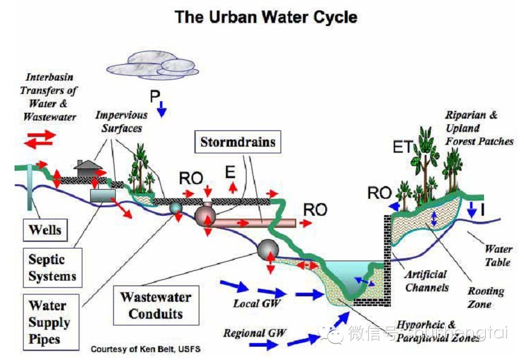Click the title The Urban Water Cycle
point(265,17)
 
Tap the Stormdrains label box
point(237,142)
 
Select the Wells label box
point(44,230)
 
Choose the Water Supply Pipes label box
point(50,322)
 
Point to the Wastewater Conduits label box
point(155,305)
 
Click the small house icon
point(88,166)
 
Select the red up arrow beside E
point(233,188)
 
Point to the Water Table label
point(497,256)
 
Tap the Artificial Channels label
point(426,281)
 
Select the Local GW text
point(257,303)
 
